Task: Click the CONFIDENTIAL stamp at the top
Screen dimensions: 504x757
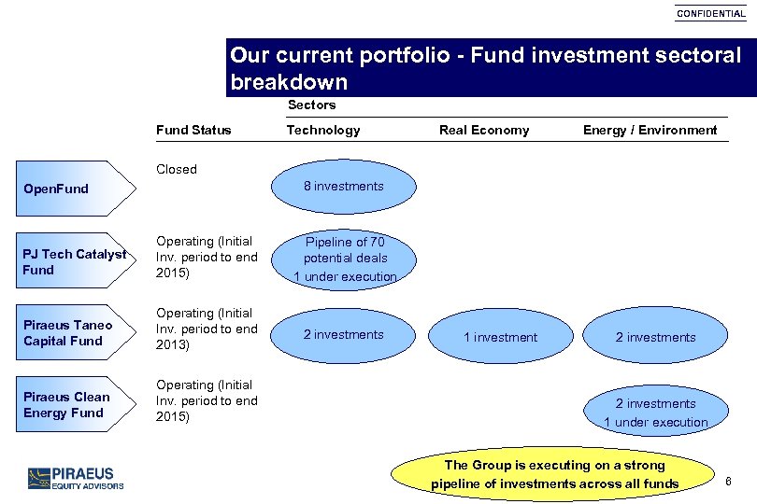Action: pyautogui.click(x=711, y=14)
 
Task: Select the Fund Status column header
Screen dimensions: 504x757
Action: pyautogui.click(x=193, y=130)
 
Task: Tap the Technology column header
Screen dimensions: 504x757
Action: pyautogui.click(x=323, y=130)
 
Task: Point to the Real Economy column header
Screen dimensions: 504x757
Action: pyautogui.click(x=484, y=130)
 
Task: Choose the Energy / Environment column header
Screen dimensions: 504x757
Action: pyautogui.click(x=650, y=130)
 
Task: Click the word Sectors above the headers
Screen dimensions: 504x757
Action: pyautogui.click(x=311, y=105)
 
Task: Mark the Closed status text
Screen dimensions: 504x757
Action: pyautogui.click(x=177, y=169)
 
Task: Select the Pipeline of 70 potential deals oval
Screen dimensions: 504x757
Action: pyautogui.click(x=345, y=259)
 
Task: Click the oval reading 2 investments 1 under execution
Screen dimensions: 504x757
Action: pyautogui.click(x=655, y=412)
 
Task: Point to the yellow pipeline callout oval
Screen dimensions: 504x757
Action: pyautogui.click(x=554, y=474)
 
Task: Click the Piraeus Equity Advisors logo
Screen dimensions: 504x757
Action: pyautogui.click(x=76, y=478)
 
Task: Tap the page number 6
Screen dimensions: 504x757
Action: pyautogui.click(x=727, y=480)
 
